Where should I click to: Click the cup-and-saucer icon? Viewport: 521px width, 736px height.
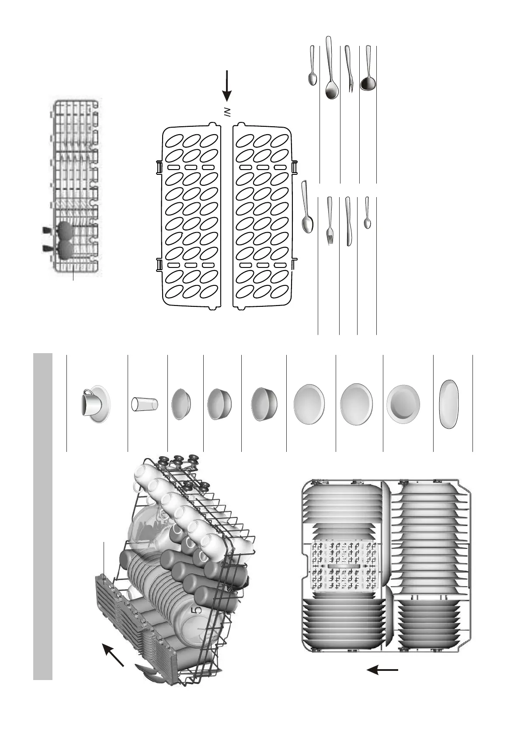point(95,404)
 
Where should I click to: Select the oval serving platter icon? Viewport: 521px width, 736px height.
point(449,405)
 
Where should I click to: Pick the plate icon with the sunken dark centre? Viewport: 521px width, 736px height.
point(403,404)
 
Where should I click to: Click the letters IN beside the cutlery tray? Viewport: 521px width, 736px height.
point(227,114)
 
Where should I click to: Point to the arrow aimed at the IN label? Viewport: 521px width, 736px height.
point(227,85)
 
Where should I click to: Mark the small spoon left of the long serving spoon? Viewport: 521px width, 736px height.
point(313,66)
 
